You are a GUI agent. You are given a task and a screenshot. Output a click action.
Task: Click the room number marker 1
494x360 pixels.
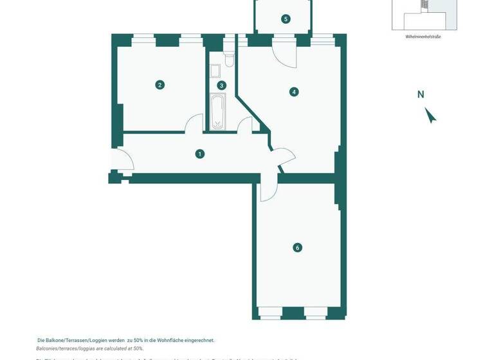point(200,154)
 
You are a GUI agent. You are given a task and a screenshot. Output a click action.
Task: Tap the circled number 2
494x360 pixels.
point(160,84)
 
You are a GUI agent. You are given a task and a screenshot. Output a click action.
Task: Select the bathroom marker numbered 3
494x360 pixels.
point(221,85)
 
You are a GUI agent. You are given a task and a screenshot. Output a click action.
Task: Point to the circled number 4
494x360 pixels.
point(294,92)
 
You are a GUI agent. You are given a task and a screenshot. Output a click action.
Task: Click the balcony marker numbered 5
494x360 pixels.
point(286,19)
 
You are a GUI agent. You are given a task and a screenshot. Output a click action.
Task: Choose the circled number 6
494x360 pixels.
point(297,248)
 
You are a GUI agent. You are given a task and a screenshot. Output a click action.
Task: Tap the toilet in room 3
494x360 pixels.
point(228,60)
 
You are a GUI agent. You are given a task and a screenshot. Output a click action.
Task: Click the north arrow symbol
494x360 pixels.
point(430,115)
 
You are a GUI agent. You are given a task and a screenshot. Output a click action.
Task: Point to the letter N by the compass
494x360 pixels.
point(421,94)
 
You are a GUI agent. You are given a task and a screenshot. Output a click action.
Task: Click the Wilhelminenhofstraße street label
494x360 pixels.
point(423,37)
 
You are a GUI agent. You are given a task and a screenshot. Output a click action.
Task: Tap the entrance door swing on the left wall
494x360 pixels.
point(123,159)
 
